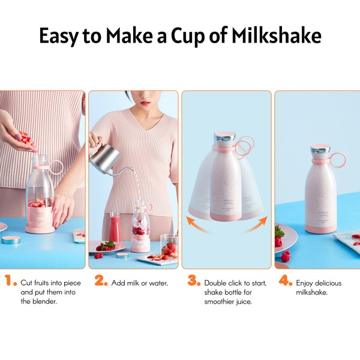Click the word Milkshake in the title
click(x=276, y=35)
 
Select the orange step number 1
click(x=11, y=280)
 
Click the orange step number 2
click(x=101, y=280)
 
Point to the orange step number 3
click(x=194, y=280)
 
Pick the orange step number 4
click(x=286, y=280)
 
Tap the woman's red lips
click(x=145, y=103)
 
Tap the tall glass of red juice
click(x=115, y=227)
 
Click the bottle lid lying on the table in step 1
click(x=11, y=240)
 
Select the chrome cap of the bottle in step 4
click(x=320, y=149)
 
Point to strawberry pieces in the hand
click(x=26, y=139)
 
